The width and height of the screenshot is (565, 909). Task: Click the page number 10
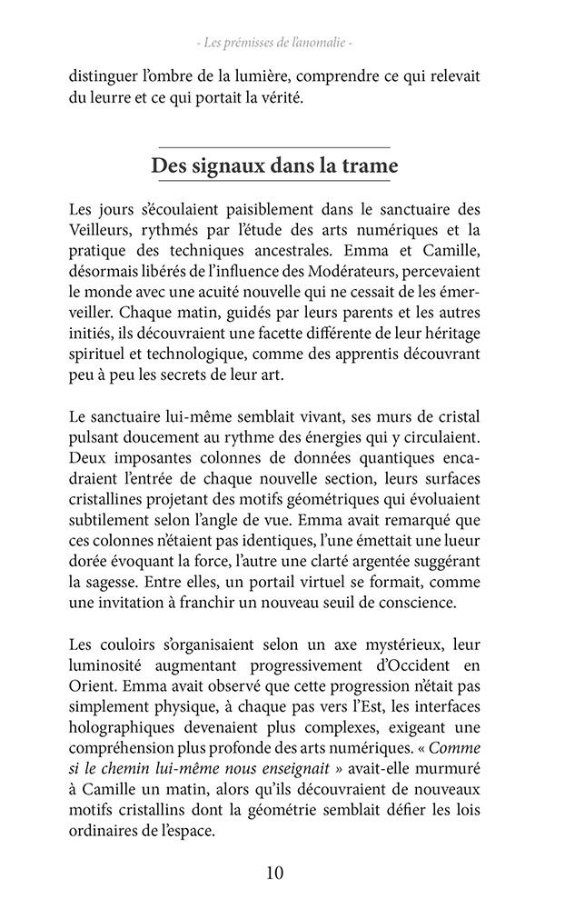tap(275, 874)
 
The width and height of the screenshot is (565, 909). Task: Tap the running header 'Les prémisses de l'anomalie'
tap(274, 43)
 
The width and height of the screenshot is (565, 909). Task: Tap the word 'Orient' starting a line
tap(89, 665)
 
